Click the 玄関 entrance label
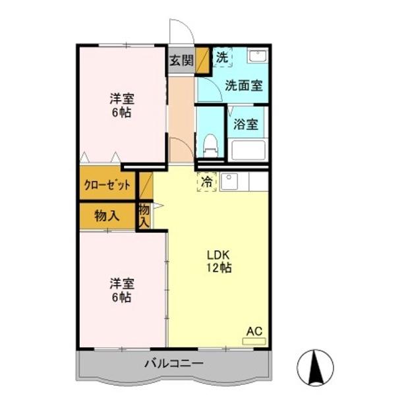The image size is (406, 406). tap(181, 61)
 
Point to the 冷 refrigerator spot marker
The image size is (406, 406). tap(207, 181)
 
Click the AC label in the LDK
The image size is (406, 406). tap(254, 332)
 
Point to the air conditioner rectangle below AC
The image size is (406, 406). tap(254, 341)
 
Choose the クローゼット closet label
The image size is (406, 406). tap(107, 185)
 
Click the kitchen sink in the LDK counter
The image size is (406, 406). tap(229, 181)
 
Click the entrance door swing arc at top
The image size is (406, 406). tap(179, 32)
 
